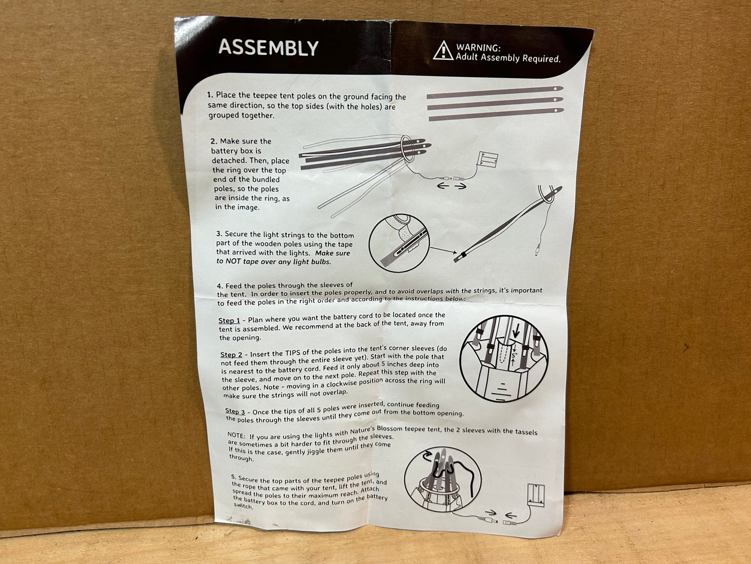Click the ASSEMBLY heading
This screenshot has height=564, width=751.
pos(269,47)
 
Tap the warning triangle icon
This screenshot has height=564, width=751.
pos(443,50)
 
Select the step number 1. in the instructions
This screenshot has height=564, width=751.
pos(210,95)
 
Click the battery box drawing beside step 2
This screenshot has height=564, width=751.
pos(488,159)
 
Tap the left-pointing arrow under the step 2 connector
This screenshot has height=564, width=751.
pos(443,186)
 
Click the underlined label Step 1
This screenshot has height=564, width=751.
pos(229,321)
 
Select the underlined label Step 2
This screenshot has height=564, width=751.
pos(231,354)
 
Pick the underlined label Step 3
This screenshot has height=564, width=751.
pos(235,411)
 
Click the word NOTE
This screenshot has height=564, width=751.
pos(236,435)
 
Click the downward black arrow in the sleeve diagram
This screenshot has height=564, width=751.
pos(516,330)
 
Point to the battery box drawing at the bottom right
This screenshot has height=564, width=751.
pos(535,495)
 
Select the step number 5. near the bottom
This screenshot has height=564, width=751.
pos(234,477)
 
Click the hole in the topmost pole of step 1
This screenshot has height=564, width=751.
pos(555,88)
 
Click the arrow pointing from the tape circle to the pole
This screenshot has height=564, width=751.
pos(443,250)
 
